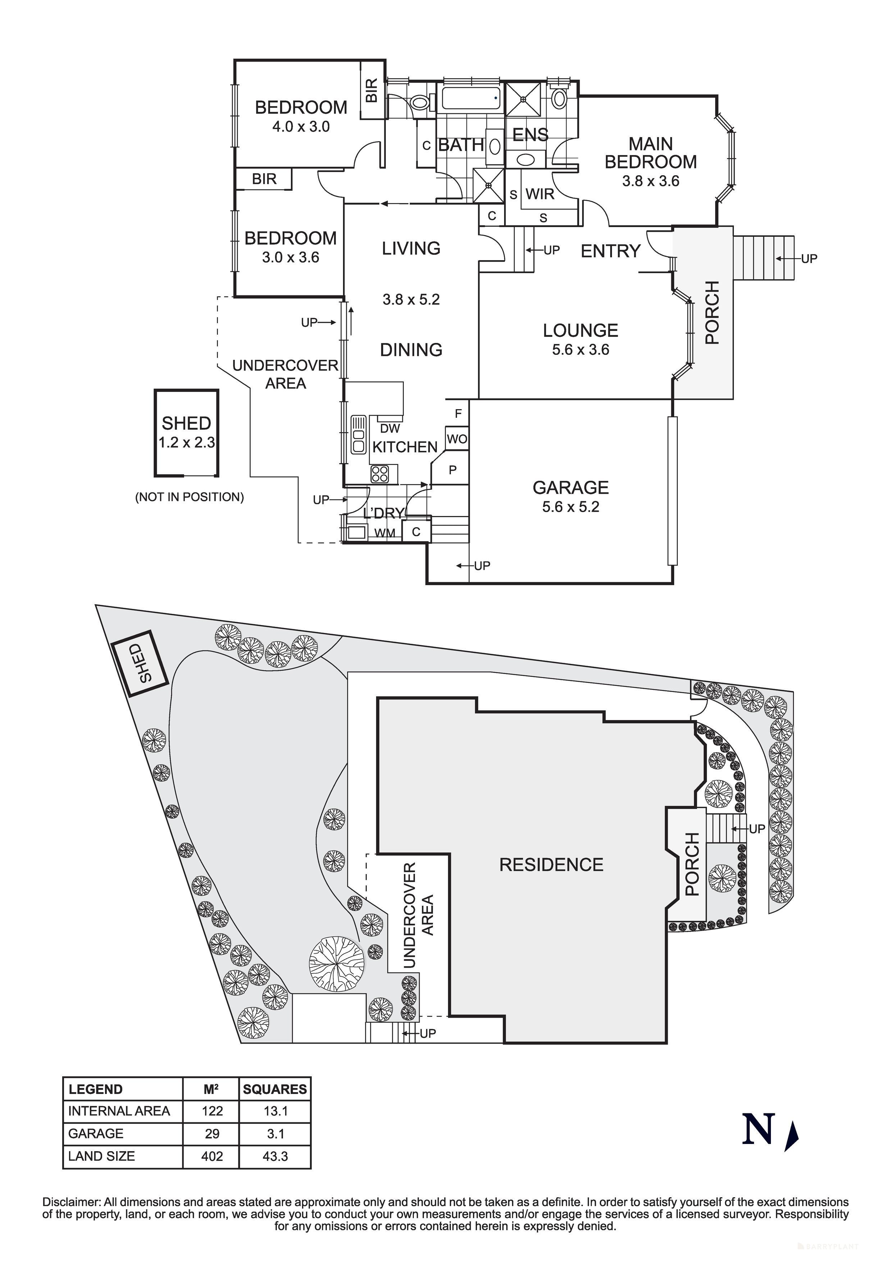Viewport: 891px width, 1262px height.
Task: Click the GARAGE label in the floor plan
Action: coord(570,488)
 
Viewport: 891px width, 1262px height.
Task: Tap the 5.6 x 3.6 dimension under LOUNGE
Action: coord(581,349)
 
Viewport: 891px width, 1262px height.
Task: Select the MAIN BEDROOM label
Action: coord(650,153)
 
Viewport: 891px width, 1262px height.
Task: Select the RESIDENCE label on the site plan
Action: coord(551,865)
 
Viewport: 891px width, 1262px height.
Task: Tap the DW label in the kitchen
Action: coord(390,428)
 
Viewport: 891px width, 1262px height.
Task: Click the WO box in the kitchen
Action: coord(457,439)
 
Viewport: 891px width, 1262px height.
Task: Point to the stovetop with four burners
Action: coord(380,474)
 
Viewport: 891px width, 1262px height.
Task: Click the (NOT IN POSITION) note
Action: coord(189,497)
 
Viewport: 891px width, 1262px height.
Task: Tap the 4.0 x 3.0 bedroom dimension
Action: coord(301,126)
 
